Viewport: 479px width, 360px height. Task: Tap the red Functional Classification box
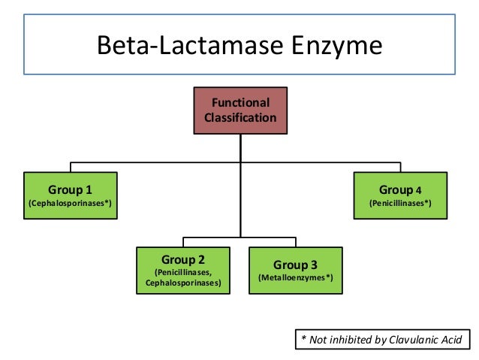[x=240, y=110]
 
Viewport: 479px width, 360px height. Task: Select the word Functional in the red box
[x=240, y=103]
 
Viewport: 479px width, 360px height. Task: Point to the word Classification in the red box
[x=240, y=118]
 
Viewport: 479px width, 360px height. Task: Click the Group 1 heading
[x=71, y=189]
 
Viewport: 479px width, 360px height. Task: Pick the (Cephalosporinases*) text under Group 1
[x=71, y=203]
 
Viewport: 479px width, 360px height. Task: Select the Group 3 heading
[x=295, y=265]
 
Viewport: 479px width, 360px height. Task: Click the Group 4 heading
[x=400, y=189]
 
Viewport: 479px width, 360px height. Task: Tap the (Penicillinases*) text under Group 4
[x=400, y=203]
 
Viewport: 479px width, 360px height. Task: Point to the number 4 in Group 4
[x=419, y=189]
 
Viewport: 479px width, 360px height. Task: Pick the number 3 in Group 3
[x=314, y=265]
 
